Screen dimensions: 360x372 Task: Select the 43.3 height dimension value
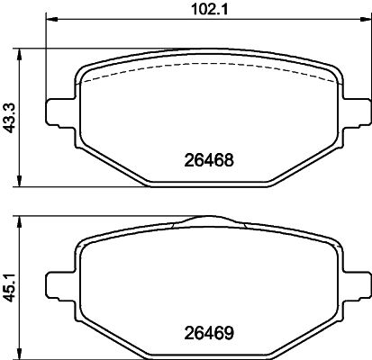click(x=9, y=116)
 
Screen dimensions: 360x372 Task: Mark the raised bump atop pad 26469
click(x=209, y=220)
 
